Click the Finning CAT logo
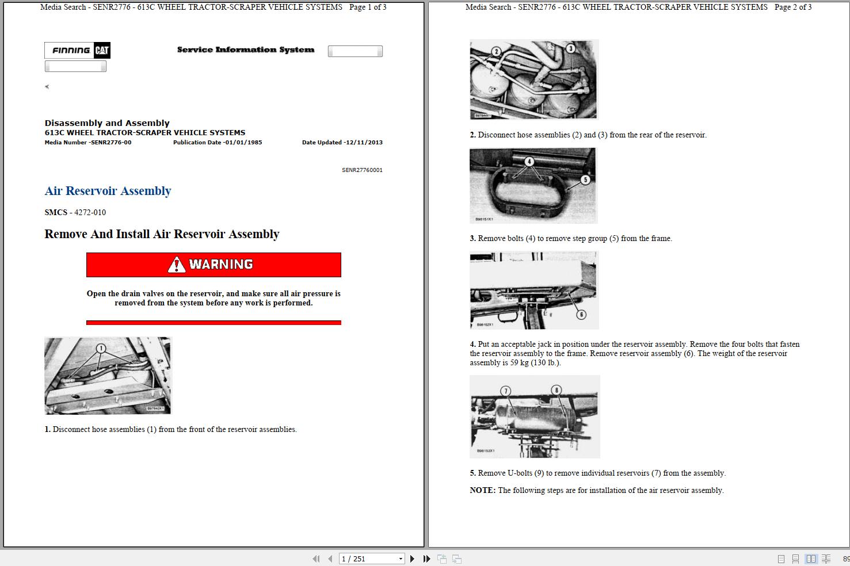(77, 51)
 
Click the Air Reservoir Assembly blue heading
(108, 191)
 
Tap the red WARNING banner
(214, 265)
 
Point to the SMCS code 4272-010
(90, 212)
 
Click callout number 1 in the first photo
(101, 348)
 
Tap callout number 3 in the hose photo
(570, 48)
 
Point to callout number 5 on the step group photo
(585, 179)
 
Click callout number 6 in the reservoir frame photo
(581, 314)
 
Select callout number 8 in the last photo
(556, 391)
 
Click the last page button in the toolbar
(426, 559)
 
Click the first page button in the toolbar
(316, 559)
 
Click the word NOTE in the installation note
(482, 491)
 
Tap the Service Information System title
(246, 50)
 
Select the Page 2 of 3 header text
(793, 7)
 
